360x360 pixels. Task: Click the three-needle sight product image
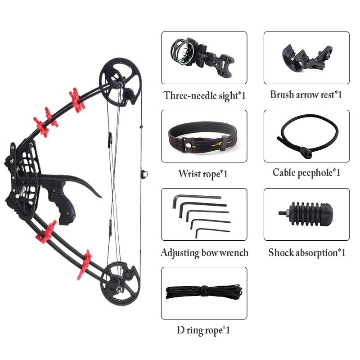[x=204, y=57]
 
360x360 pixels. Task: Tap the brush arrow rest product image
[x=306, y=57]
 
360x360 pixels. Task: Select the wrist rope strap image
[x=204, y=136]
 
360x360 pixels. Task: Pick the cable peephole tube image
[x=306, y=136]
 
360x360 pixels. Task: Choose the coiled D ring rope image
[x=204, y=293]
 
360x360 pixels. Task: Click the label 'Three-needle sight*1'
[x=204, y=95]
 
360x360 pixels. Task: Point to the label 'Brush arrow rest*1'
[x=306, y=95]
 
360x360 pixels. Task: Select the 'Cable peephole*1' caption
[x=306, y=173]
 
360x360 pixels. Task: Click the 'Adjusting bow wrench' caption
[x=204, y=252]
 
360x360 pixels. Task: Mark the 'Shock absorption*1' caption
[x=307, y=252]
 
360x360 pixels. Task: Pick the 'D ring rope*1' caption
[x=203, y=331]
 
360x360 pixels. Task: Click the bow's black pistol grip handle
[x=59, y=203]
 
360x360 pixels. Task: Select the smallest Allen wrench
[x=211, y=231]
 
